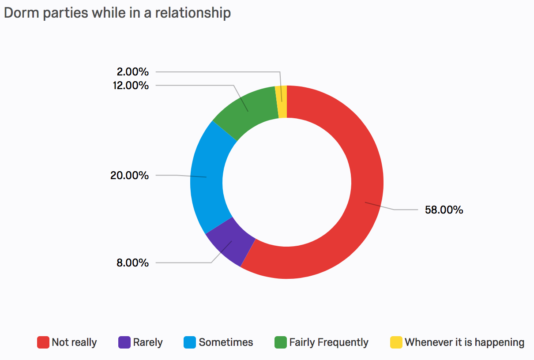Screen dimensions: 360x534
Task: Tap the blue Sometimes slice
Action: (207, 176)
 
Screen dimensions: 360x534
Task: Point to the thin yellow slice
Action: (282, 101)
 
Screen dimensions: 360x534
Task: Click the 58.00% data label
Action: (444, 210)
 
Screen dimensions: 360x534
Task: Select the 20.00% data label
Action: (129, 176)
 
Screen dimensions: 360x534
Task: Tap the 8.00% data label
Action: (132, 263)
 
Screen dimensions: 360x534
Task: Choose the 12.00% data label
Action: (131, 85)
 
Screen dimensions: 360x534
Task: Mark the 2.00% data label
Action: (133, 71)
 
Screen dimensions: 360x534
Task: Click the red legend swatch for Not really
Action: (43, 342)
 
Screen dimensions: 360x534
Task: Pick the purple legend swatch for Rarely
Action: (124, 342)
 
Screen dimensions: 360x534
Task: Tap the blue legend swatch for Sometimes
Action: (190, 342)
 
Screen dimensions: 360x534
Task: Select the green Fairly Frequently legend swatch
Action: (281, 342)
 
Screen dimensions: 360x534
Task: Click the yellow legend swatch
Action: (396, 342)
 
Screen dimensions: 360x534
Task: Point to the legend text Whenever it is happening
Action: (464, 342)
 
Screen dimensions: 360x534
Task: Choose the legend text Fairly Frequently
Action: (329, 342)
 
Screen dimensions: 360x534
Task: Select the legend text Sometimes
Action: (226, 342)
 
